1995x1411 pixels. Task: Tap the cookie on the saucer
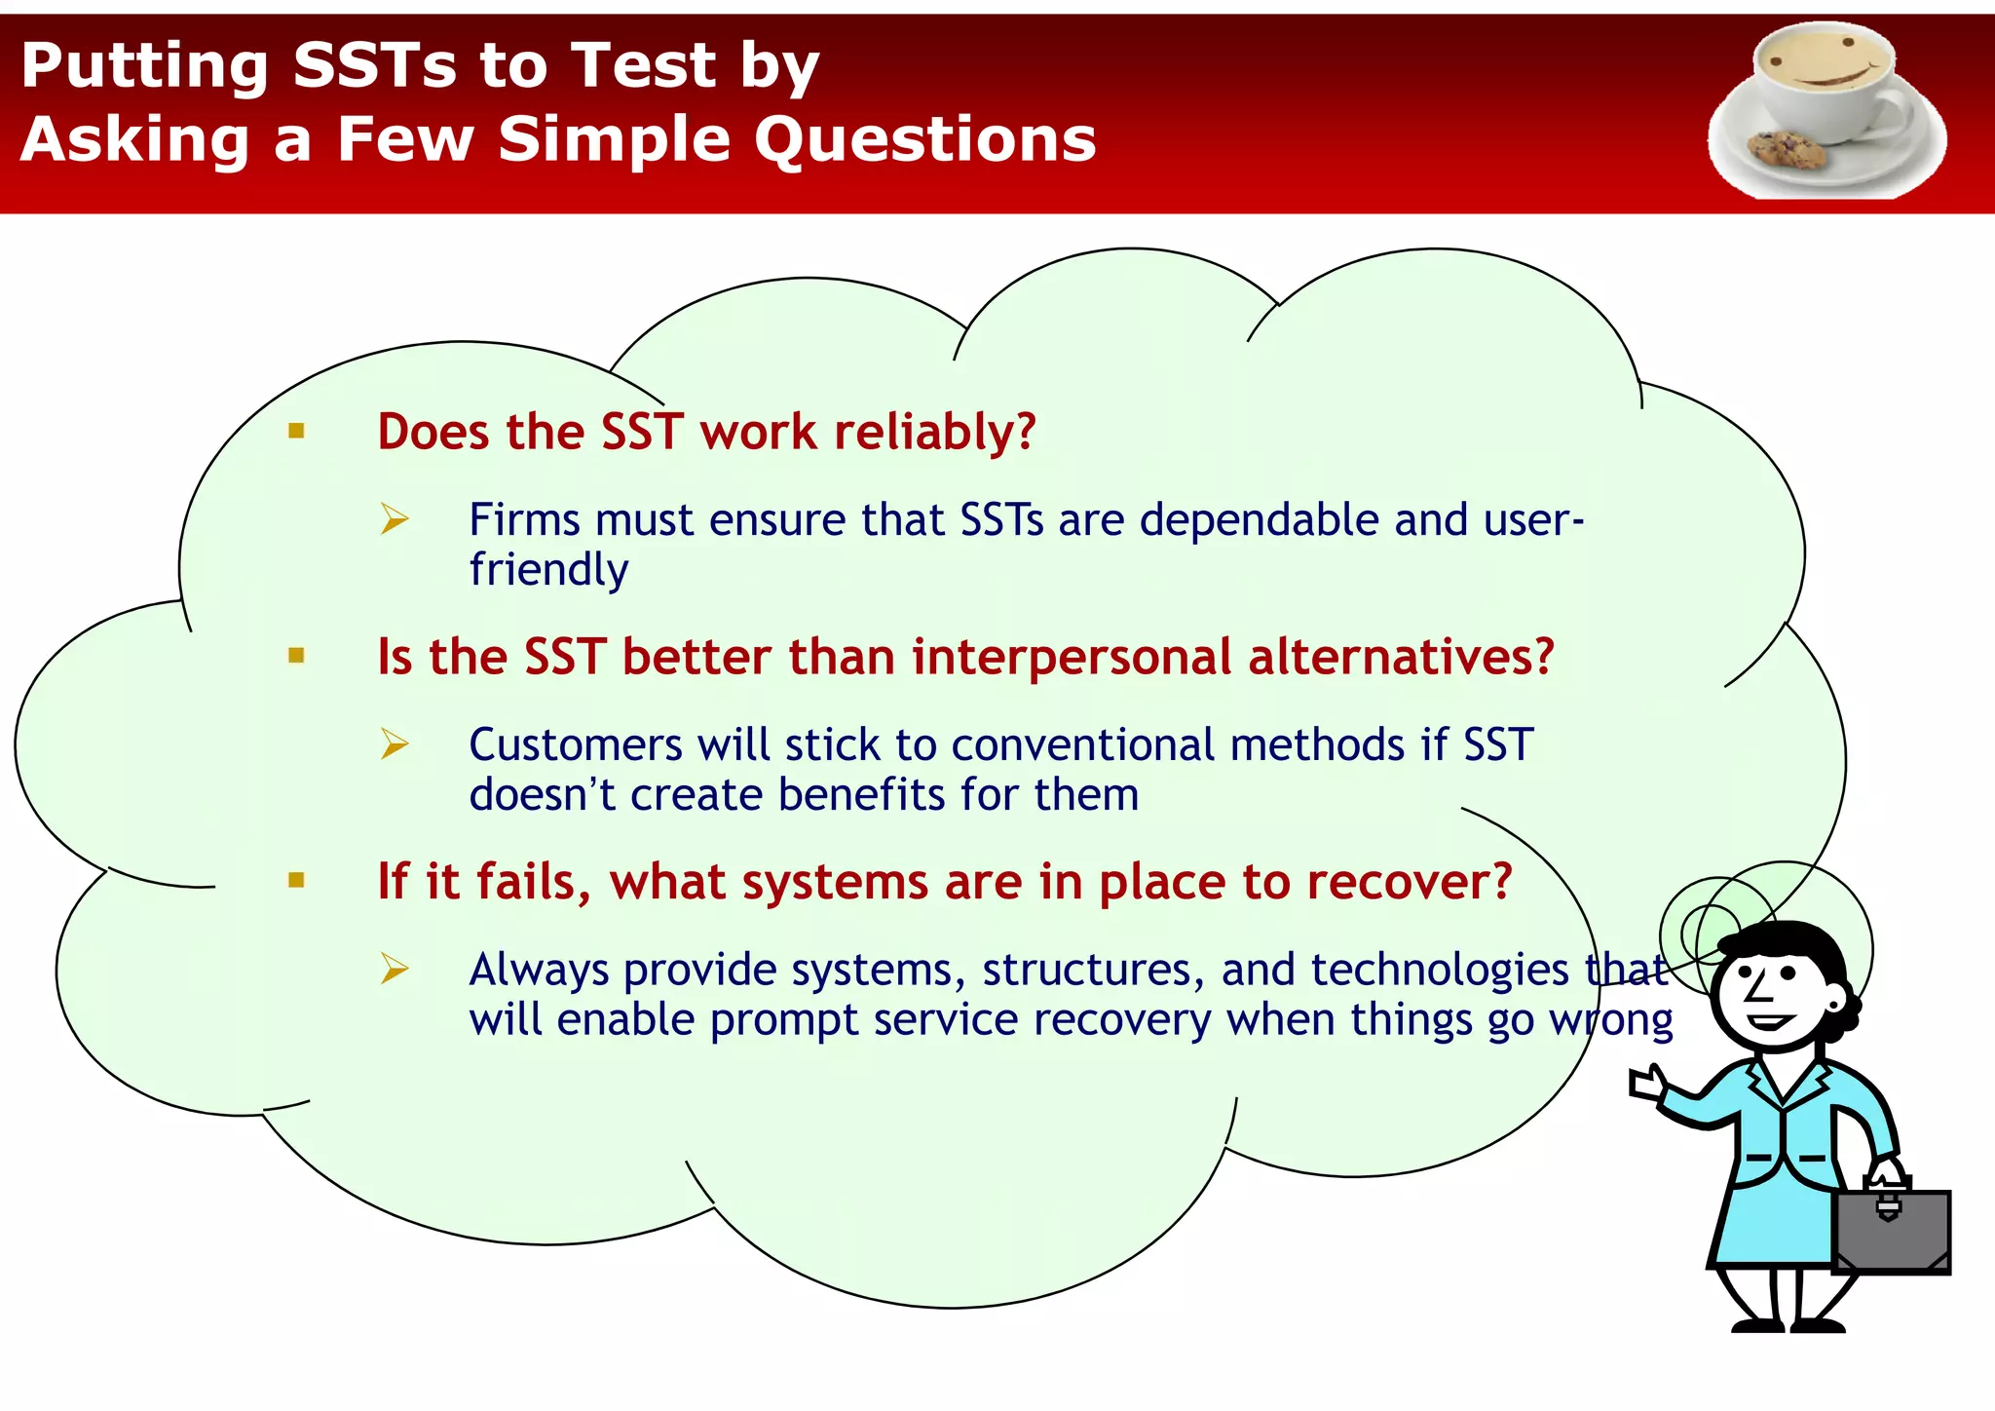point(1787,149)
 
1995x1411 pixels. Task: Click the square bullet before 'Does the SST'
point(297,431)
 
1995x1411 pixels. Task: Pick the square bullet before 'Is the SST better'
point(297,656)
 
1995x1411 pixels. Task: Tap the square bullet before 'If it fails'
point(297,881)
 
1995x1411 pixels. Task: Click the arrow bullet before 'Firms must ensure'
point(395,519)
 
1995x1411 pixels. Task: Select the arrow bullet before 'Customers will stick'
point(395,744)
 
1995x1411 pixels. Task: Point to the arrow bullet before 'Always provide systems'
point(395,970)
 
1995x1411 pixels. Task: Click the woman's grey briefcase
point(1891,1228)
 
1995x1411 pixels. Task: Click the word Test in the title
point(644,66)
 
